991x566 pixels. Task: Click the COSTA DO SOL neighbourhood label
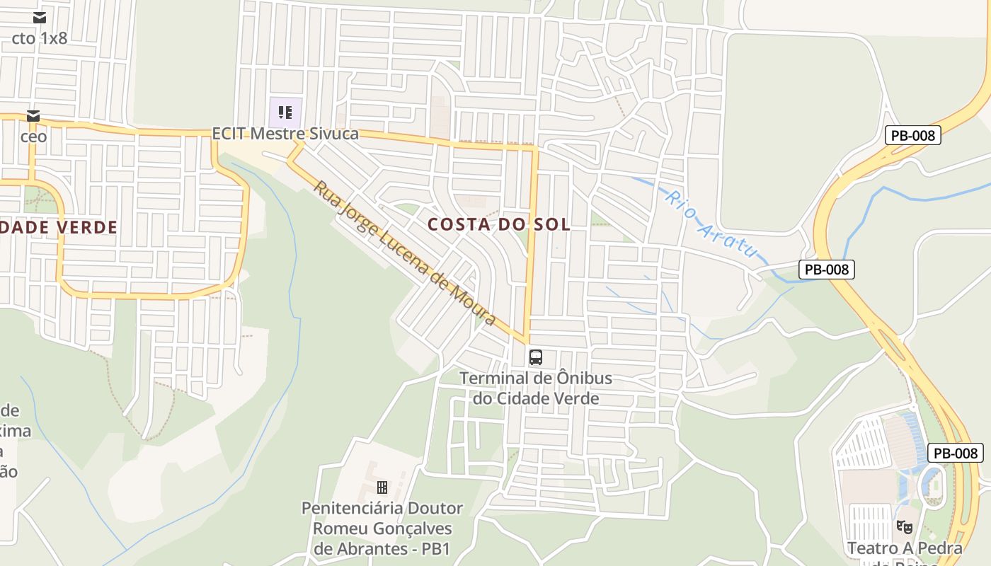pyautogui.click(x=499, y=224)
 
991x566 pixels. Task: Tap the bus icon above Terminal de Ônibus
pyautogui.click(x=536, y=357)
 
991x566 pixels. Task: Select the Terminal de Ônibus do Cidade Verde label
pyautogui.click(x=536, y=388)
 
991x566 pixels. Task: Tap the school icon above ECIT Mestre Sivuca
pyautogui.click(x=285, y=112)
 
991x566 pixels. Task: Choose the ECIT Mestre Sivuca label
pyautogui.click(x=285, y=134)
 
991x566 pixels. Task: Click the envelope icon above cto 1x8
pyautogui.click(x=40, y=18)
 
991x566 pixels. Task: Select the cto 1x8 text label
pyautogui.click(x=40, y=38)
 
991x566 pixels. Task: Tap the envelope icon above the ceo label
pyautogui.click(x=33, y=116)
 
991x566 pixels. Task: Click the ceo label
pyautogui.click(x=33, y=136)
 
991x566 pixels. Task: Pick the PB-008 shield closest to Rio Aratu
pyautogui.click(x=827, y=269)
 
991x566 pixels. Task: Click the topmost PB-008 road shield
pyautogui.click(x=912, y=135)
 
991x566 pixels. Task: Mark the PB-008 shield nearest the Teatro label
pyautogui.click(x=956, y=453)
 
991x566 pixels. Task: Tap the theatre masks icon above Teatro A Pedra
pyautogui.click(x=904, y=526)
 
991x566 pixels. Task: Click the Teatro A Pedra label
pyautogui.click(x=905, y=548)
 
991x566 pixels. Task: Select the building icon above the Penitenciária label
pyautogui.click(x=382, y=487)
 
